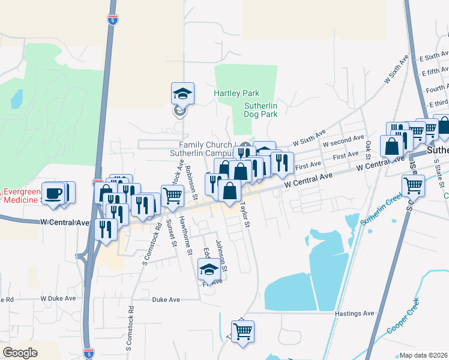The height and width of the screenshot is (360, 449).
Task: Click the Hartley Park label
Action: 237,94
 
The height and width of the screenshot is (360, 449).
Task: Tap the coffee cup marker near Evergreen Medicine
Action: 53,194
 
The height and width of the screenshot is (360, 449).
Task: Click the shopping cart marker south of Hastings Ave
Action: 243,331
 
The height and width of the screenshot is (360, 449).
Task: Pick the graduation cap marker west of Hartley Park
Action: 182,94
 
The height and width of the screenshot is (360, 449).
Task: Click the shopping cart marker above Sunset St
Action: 173,196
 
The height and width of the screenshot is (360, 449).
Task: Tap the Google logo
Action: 20,353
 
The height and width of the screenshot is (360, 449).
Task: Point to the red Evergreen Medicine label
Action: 22,196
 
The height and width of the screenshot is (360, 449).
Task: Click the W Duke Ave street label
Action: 58,298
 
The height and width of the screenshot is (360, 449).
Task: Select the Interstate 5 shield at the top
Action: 112,20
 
